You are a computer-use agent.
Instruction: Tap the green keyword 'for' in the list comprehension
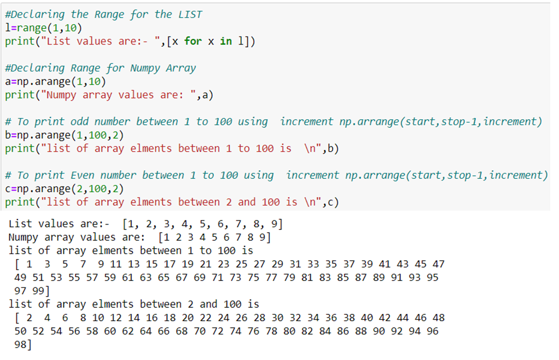tap(193, 41)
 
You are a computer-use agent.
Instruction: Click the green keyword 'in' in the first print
tap(226, 41)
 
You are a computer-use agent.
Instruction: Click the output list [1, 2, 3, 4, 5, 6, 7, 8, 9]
tap(203, 224)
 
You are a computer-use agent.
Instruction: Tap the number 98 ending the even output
tap(21, 344)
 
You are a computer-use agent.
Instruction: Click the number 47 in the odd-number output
tap(438, 264)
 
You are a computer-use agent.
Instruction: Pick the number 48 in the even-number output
tap(438, 318)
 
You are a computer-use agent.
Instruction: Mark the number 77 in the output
tap(272, 277)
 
